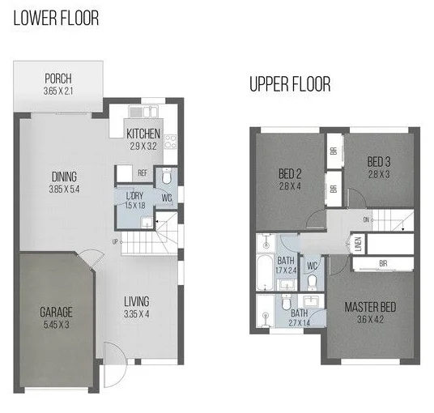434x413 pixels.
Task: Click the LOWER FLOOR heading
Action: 55,18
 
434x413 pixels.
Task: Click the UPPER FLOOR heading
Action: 290,83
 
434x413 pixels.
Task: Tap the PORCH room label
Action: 58,79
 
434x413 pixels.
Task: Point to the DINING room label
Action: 65,178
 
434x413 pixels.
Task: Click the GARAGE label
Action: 57,311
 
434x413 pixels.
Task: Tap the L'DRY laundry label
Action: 134,196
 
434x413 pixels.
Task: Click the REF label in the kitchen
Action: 143,172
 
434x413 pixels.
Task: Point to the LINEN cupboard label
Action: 357,244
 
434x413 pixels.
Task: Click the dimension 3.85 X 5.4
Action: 65,190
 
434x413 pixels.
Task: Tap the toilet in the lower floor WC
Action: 167,177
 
